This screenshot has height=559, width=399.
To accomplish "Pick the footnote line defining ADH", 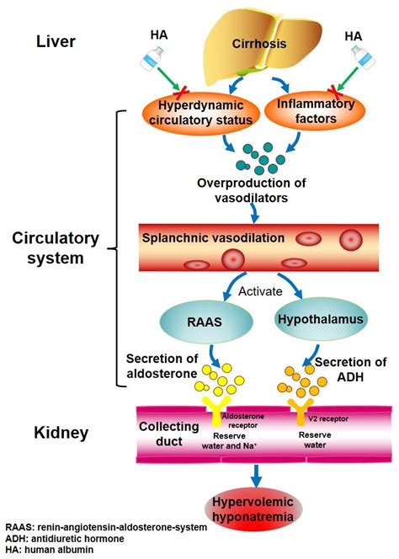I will click(x=62, y=539).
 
